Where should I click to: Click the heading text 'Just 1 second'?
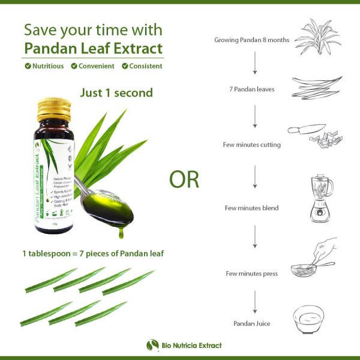click(x=116, y=92)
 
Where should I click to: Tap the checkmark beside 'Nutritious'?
click(x=28, y=66)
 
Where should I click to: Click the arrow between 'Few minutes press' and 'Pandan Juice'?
click(x=255, y=299)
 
